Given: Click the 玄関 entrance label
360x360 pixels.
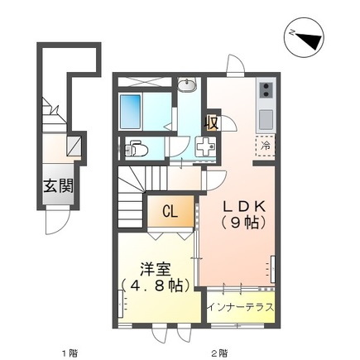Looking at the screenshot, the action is [x=59, y=185].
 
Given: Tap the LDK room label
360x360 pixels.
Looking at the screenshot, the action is [x=244, y=206].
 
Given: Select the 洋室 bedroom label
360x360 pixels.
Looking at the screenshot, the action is [x=156, y=269].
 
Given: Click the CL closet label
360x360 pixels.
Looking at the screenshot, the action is [x=170, y=212].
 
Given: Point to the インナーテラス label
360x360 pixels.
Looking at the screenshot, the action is [x=241, y=307].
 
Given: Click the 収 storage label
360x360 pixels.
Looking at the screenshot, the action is [x=212, y=122].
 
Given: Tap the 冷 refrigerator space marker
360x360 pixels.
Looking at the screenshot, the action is [x=266, y=146].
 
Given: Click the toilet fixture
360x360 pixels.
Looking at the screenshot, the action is [x=136, y=148].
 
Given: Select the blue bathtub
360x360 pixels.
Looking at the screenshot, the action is [x=130, y=112].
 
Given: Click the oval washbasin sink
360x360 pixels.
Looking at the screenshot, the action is [x=187, y=85].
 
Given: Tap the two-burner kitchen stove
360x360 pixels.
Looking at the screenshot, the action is [x=266, y=90].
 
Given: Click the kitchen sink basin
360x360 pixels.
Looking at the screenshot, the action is [x=266, y=119].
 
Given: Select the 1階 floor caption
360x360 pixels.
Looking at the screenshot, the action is [x=70, y=353].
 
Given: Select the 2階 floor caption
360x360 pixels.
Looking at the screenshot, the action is [x=219, y=353].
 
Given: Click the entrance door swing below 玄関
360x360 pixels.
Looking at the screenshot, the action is [x=56, y=221].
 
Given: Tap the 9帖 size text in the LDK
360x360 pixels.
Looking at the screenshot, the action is [x=244, y=222].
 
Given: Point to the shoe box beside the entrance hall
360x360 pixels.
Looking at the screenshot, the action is [x=74, y=146].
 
